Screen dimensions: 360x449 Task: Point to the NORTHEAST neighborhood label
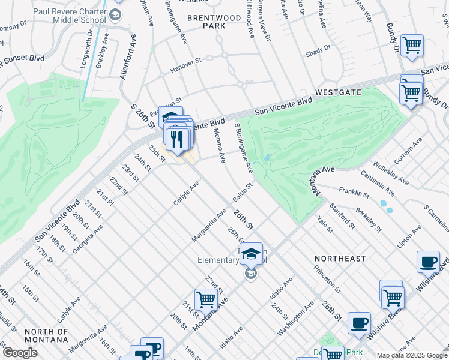point(340,258)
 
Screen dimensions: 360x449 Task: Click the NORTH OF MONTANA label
point(46,335)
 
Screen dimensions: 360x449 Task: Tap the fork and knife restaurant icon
point(176,139)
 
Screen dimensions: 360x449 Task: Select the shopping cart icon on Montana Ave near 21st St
point(206,299)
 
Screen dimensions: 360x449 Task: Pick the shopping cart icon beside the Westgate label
point(411,92)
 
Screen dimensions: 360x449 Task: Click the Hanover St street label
point(185,62)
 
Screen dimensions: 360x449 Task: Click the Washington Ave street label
point(295,317)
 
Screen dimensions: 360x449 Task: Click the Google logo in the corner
point(20,353)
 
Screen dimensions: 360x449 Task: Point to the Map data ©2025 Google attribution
point(411,355)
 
